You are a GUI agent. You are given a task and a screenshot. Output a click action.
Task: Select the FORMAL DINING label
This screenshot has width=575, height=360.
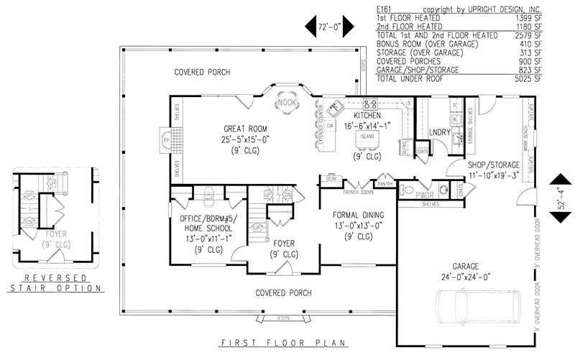(357, 215)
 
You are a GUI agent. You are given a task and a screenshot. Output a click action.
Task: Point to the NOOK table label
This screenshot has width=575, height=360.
(287, 103)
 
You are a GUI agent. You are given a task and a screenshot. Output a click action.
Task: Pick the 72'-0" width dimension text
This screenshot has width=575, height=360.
(328, 27)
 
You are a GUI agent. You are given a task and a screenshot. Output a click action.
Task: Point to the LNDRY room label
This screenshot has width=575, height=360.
(439, 132)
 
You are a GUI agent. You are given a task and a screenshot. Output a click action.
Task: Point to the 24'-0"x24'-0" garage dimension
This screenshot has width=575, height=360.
(464, 275)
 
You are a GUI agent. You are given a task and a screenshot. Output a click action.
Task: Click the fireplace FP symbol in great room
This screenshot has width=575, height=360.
(165, 137)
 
